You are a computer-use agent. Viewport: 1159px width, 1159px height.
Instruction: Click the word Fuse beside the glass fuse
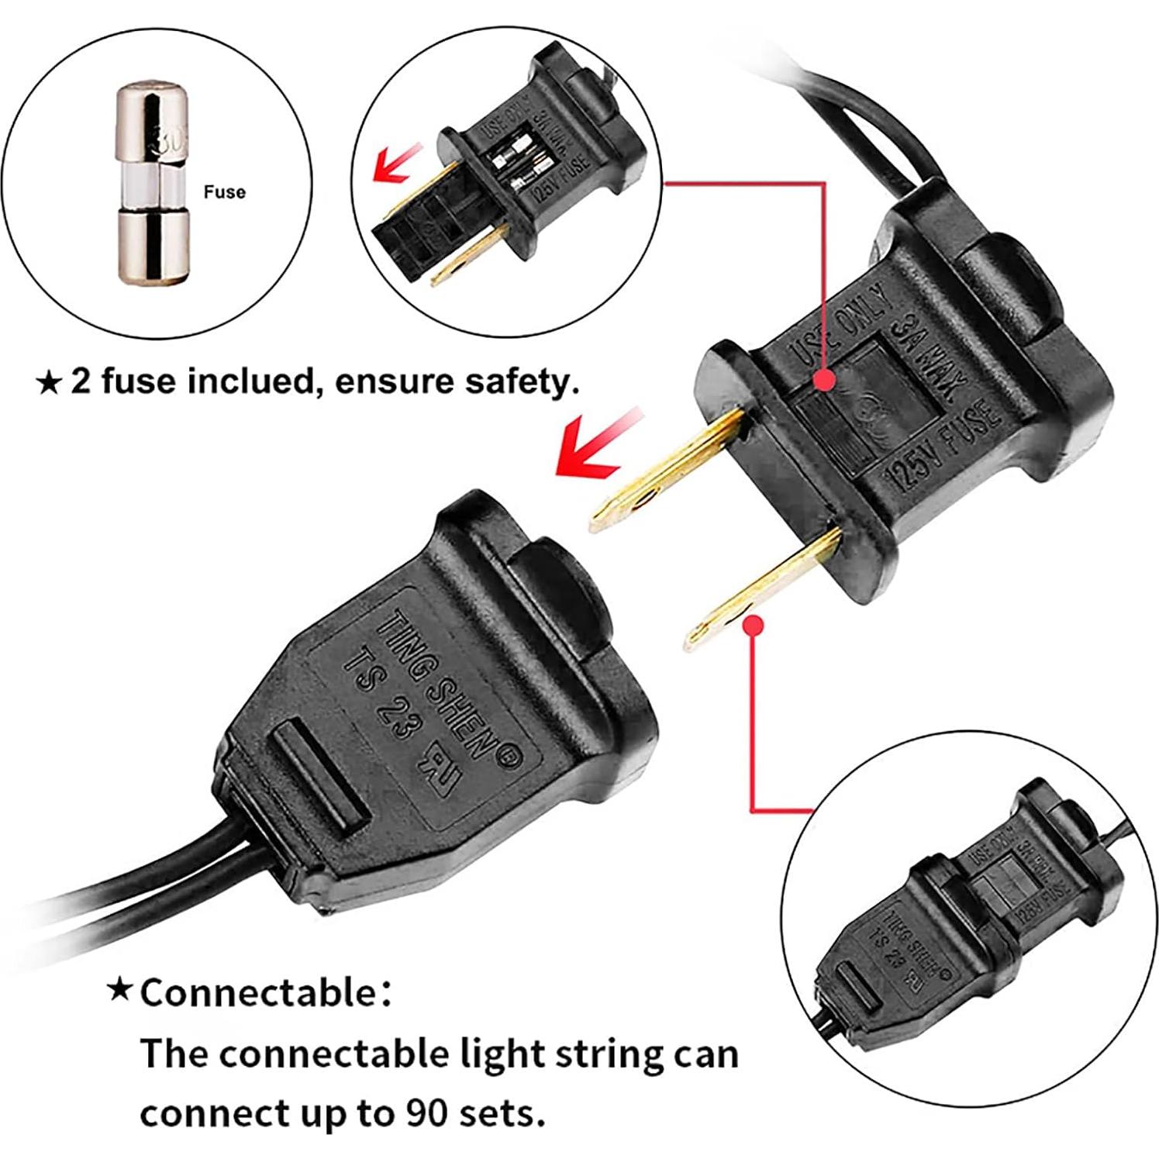tap(224, 191)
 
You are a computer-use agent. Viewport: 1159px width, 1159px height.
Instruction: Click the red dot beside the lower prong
tap(753, 625)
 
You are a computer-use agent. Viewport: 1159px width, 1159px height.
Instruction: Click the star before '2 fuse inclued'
tap(49, 382)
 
